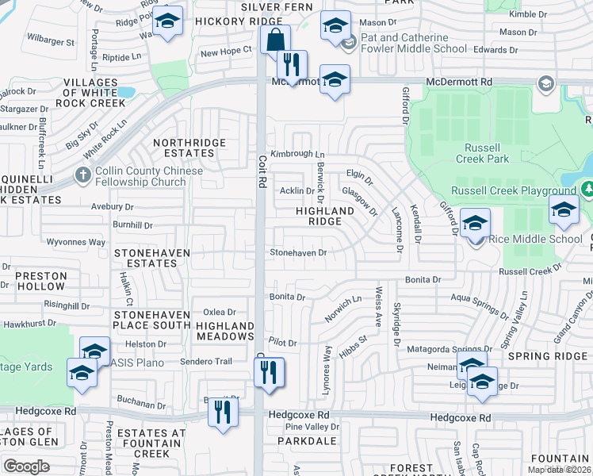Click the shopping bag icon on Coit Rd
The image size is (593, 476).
275,40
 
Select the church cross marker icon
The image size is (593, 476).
82,174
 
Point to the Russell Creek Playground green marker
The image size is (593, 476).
587,190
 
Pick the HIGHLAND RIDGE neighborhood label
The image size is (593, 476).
324,217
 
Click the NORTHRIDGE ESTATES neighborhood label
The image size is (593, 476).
189,148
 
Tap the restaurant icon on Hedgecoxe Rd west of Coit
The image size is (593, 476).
223,411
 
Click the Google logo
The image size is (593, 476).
26,466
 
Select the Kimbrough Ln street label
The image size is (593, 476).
297,154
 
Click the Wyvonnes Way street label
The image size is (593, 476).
76,242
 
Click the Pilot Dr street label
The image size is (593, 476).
282,343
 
